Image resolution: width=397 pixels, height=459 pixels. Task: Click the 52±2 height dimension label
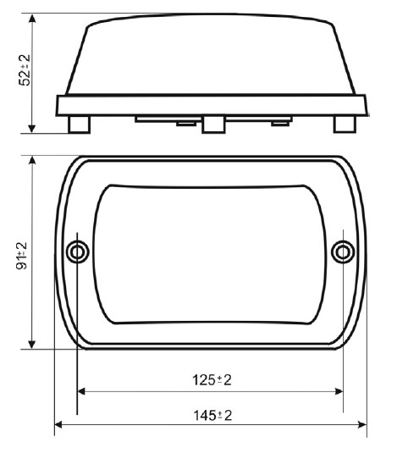click(25, 70)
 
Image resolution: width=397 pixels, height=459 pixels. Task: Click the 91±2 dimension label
click(22, 256)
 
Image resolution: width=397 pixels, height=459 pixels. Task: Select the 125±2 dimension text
click(212, 380)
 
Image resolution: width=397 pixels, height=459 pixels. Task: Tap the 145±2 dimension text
click(212, 415)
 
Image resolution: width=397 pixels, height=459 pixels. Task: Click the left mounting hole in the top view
click(78, 252)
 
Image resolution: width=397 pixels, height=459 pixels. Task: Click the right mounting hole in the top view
click(343, 252)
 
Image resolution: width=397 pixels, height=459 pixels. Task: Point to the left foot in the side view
click(79, 124)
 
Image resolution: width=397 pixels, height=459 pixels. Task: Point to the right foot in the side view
click(345, 124)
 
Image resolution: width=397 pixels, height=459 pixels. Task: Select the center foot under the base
click(213, 124)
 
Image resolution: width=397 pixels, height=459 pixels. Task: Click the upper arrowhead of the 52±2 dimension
click(32, 18)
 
